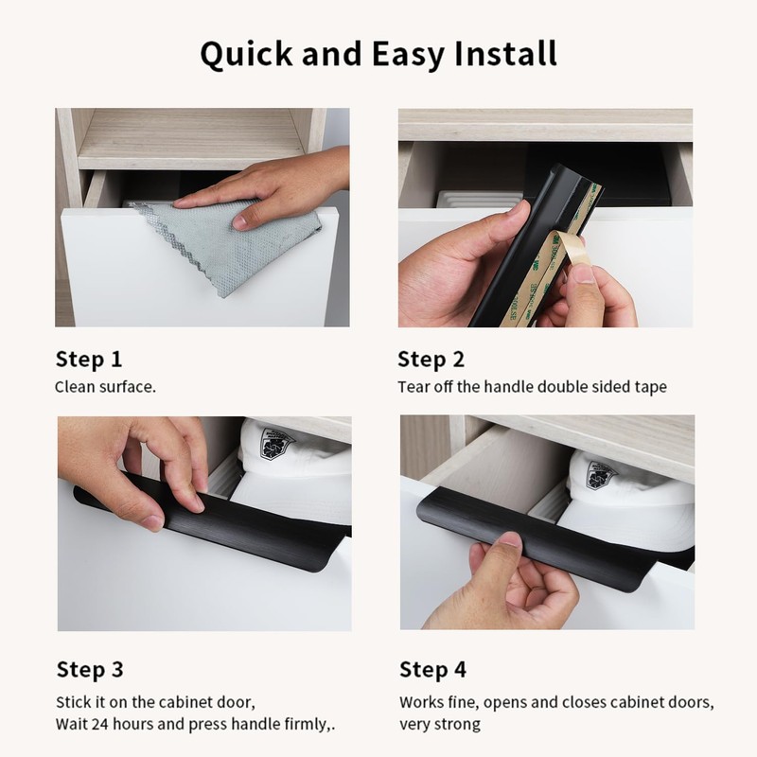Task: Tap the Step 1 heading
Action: pos(89,359)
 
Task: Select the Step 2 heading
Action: pos(431,359)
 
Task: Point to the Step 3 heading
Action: pos(90,670)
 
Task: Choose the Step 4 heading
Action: pos(432,670)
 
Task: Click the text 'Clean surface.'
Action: pos(105,386)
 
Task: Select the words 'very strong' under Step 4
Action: pos(439,724)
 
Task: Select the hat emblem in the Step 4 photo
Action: pos(600,473)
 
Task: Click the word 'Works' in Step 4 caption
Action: pos(420,702)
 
